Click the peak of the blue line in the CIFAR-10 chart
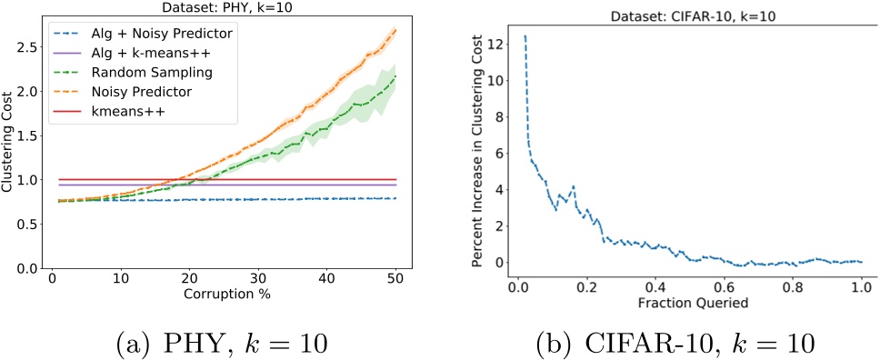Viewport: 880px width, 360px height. coord(525,36)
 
